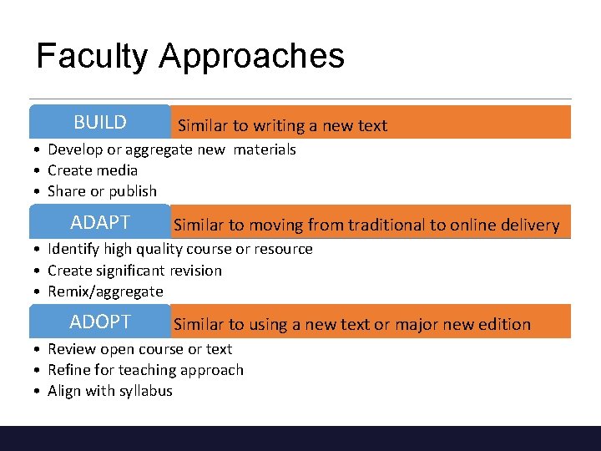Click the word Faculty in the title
[93, 57]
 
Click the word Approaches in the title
[251, 57]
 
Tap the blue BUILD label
[100, 123]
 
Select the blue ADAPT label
[100, 223]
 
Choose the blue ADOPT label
[100, 322]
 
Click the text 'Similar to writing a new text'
[282, 126]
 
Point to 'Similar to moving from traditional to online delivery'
[366, 225]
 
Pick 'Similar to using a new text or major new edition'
[351, 324]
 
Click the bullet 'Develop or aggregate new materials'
[171, 149]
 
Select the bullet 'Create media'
[93, 170]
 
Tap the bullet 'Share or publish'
[102, 191]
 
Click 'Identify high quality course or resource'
[179, 249]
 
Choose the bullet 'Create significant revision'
[134, 271]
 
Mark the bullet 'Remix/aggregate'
[105, 291]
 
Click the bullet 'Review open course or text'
[139, 349]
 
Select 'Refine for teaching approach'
[145, 370]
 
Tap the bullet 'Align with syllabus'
[109, 391]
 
